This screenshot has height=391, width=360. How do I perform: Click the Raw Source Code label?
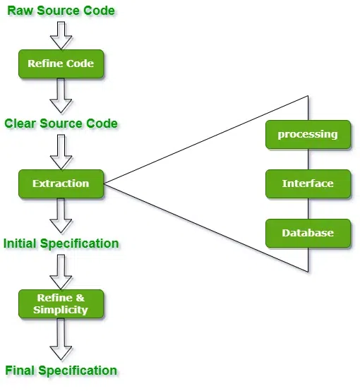tap(61, 11)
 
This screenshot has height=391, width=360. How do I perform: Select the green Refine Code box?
tap(61, 64)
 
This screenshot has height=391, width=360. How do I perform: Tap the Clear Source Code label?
tap(61, 124)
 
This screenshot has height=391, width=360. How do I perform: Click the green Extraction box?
tap(61, 184)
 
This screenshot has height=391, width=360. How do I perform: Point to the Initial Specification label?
tap(61, 243)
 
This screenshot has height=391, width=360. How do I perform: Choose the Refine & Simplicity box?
tap(61, 303)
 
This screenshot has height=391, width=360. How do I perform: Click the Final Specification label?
tap(61, 371)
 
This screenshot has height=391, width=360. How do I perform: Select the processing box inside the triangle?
tap(308, 134)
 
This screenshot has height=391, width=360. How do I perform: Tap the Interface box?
tap(308, 184)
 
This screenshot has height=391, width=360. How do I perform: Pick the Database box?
tap(308, 233)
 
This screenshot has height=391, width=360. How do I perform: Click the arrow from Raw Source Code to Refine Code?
tap(61, 33)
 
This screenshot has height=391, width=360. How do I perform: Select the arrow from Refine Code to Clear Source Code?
tap(61, 95)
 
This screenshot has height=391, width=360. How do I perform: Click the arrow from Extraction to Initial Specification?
tap(61, 215)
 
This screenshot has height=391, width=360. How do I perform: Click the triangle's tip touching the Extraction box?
tap(105, 184)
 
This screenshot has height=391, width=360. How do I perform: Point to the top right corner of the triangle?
tap(308, 95)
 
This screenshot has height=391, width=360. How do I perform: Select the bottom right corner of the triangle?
tap(308, 272)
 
